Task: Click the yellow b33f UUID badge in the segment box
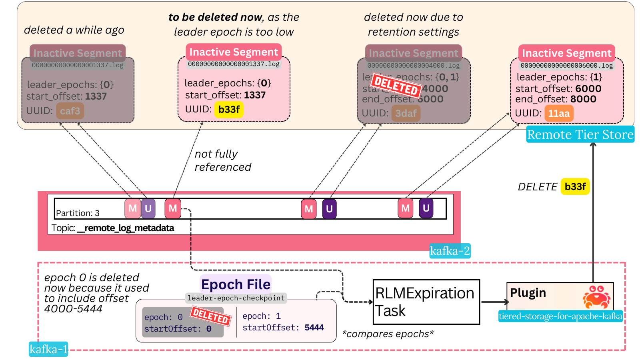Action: click(229, 110)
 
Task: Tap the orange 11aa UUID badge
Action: click(559, 114)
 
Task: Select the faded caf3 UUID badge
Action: click(70, 111)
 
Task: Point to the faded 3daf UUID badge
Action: click(406, 114)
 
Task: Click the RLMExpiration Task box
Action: click(426, 302)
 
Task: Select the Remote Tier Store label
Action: click(580, 134)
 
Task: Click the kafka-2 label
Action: click(450, 251)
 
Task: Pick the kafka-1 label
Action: click(48, 349)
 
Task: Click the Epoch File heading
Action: click(236, 284)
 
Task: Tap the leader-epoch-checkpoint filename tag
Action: click(236, 298)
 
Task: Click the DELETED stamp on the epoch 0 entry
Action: click(210, 316)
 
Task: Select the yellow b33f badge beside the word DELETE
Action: click(575, 187)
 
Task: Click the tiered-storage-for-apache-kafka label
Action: click(560, 316)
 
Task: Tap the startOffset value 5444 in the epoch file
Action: click(314, 328)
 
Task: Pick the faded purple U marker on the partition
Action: click(148, 208)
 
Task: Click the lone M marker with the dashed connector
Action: click(173, 208)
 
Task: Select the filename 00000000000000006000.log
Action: click(566, 66)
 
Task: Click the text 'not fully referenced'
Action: click(223, 160)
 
